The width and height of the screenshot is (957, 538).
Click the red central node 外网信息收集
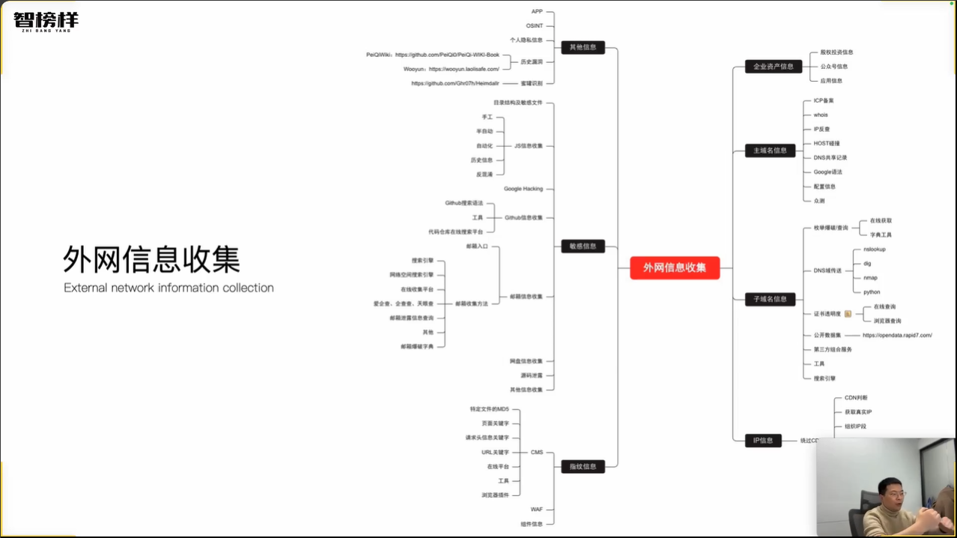674,268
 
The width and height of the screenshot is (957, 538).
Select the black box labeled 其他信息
583,47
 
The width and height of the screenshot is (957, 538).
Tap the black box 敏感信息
583,246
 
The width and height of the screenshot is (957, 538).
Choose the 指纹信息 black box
583,466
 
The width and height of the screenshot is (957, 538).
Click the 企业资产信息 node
773,66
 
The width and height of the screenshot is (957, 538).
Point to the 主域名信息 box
770,150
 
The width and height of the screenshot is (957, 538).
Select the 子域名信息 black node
770,299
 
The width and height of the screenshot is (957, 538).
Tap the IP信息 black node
762,441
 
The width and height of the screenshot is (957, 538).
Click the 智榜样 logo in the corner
46,20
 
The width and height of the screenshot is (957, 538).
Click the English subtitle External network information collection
168,288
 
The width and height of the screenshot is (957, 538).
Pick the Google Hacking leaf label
523,189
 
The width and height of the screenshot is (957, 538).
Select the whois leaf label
821,115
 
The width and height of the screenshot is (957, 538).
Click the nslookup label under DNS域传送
874,249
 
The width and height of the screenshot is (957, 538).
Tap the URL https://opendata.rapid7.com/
897,335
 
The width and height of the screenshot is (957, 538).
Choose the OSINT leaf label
534,25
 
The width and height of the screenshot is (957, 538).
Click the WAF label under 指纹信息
536,510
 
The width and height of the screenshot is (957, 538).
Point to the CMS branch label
536,452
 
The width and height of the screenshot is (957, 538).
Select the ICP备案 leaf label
824,100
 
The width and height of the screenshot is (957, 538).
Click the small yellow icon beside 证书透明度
848,313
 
